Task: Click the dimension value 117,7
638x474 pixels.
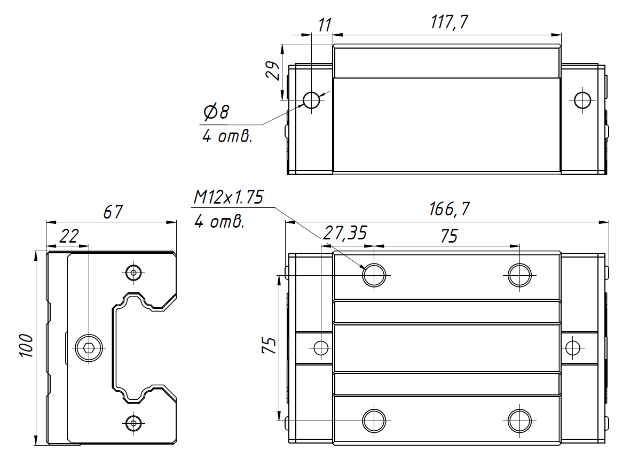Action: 449,23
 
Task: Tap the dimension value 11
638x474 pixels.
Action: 324,25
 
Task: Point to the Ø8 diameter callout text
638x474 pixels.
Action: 216,112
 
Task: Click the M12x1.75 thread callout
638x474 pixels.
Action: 228,198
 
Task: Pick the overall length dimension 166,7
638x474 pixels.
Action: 449,209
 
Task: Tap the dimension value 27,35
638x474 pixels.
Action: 345,234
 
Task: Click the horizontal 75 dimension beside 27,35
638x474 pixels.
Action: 450,235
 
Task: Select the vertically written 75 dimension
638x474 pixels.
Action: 270,346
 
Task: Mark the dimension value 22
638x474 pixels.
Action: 68,236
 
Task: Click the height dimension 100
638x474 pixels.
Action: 26,346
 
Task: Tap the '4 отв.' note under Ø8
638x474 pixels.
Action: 227,136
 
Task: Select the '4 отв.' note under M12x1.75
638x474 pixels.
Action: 219,222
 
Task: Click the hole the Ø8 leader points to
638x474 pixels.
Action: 311,99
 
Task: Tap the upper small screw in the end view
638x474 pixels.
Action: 133,273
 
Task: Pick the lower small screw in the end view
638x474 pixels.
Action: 133,423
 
